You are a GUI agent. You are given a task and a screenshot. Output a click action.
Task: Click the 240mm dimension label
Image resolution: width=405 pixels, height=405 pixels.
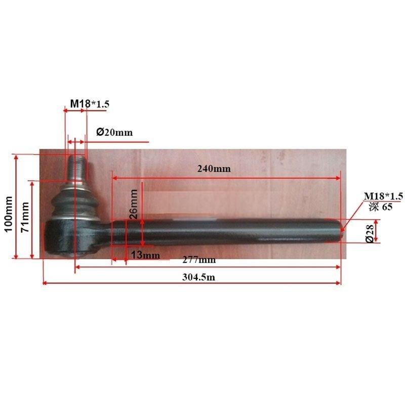pyautogui.click(x=214, y=169)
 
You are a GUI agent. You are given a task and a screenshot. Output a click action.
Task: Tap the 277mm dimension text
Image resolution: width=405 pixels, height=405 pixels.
pyautogui.click(x=199, y=260)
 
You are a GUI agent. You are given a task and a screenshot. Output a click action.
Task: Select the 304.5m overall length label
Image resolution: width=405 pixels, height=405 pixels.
pyautogui.click(x=198, y=277)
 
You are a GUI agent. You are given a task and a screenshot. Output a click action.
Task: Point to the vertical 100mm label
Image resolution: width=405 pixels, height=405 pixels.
pyautogui.click(x=9, y=214)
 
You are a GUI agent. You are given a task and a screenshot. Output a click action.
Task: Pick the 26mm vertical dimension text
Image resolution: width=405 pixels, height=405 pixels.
pyautogui.click(x=134, y=204)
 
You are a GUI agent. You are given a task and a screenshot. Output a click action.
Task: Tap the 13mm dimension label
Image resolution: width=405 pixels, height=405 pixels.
pyautogui.click(x=145, y=255)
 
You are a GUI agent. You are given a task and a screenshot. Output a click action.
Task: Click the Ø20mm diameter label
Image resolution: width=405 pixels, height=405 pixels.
pyautogui.click(x=114, y=132)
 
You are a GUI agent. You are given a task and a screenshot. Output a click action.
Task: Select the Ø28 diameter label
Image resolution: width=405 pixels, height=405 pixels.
pyautogui.click(x=370, y=233)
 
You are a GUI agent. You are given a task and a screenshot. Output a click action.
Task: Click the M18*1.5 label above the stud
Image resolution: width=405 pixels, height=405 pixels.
pyautogui.click(x=90, y=104)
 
